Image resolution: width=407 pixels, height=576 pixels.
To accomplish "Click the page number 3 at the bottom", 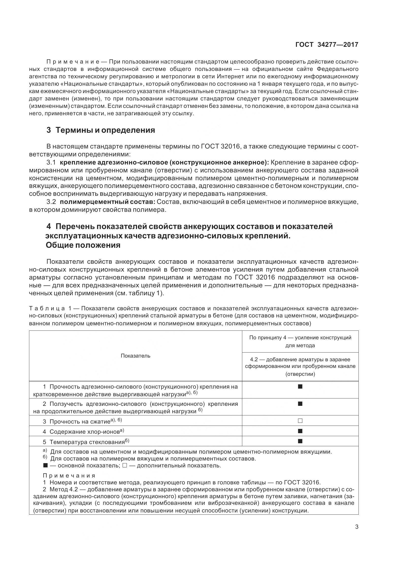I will (357, 527).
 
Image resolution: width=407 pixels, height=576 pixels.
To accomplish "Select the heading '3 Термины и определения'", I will (101, 130).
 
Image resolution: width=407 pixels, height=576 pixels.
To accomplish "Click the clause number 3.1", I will (51, 163).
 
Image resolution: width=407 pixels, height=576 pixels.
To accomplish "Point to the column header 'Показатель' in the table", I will (135, 356).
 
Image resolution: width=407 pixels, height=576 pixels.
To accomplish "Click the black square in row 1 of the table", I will (300, 386).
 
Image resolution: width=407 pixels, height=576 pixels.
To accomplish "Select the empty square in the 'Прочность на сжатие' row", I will (300, 421).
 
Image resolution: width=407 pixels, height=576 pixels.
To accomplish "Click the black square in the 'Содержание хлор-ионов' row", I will (300, 431).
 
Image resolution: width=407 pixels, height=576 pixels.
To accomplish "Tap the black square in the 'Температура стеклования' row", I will (300, 441).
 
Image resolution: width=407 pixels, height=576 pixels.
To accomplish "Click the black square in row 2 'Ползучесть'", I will (300, 404).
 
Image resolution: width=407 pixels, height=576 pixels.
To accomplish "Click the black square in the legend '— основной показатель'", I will (45, 466).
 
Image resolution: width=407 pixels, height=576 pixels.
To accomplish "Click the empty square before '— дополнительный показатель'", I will (125, 466).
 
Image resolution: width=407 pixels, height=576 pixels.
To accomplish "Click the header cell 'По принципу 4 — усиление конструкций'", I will (300, 338).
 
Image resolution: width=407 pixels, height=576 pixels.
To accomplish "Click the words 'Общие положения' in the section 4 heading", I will (83, 245).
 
